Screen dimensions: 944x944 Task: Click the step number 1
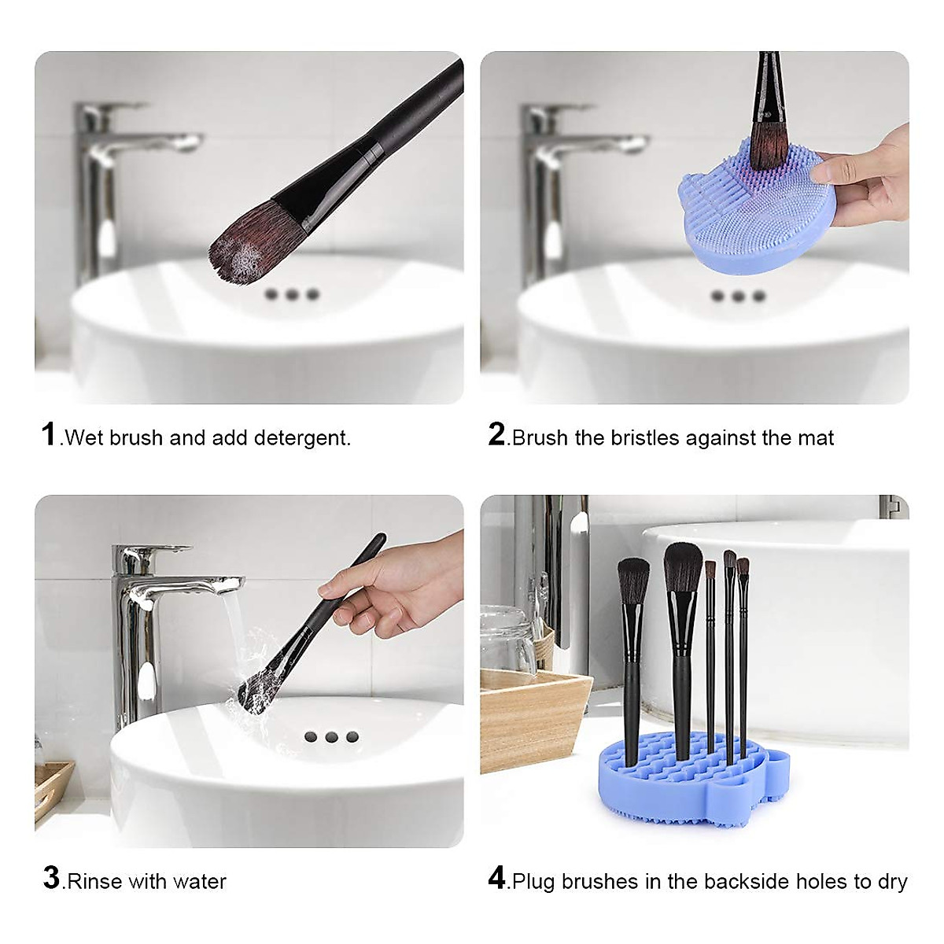[x=49, y=434]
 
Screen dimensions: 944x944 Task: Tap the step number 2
[x=496, y=434]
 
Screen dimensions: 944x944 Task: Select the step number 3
[x=51, y=878]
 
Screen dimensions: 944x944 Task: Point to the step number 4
[x=496, y=878]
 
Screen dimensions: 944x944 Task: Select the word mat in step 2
[x=816, y=438]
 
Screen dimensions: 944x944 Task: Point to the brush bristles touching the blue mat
[x=768, y=146]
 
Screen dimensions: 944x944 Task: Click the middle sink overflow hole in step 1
[x=293, y=294]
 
